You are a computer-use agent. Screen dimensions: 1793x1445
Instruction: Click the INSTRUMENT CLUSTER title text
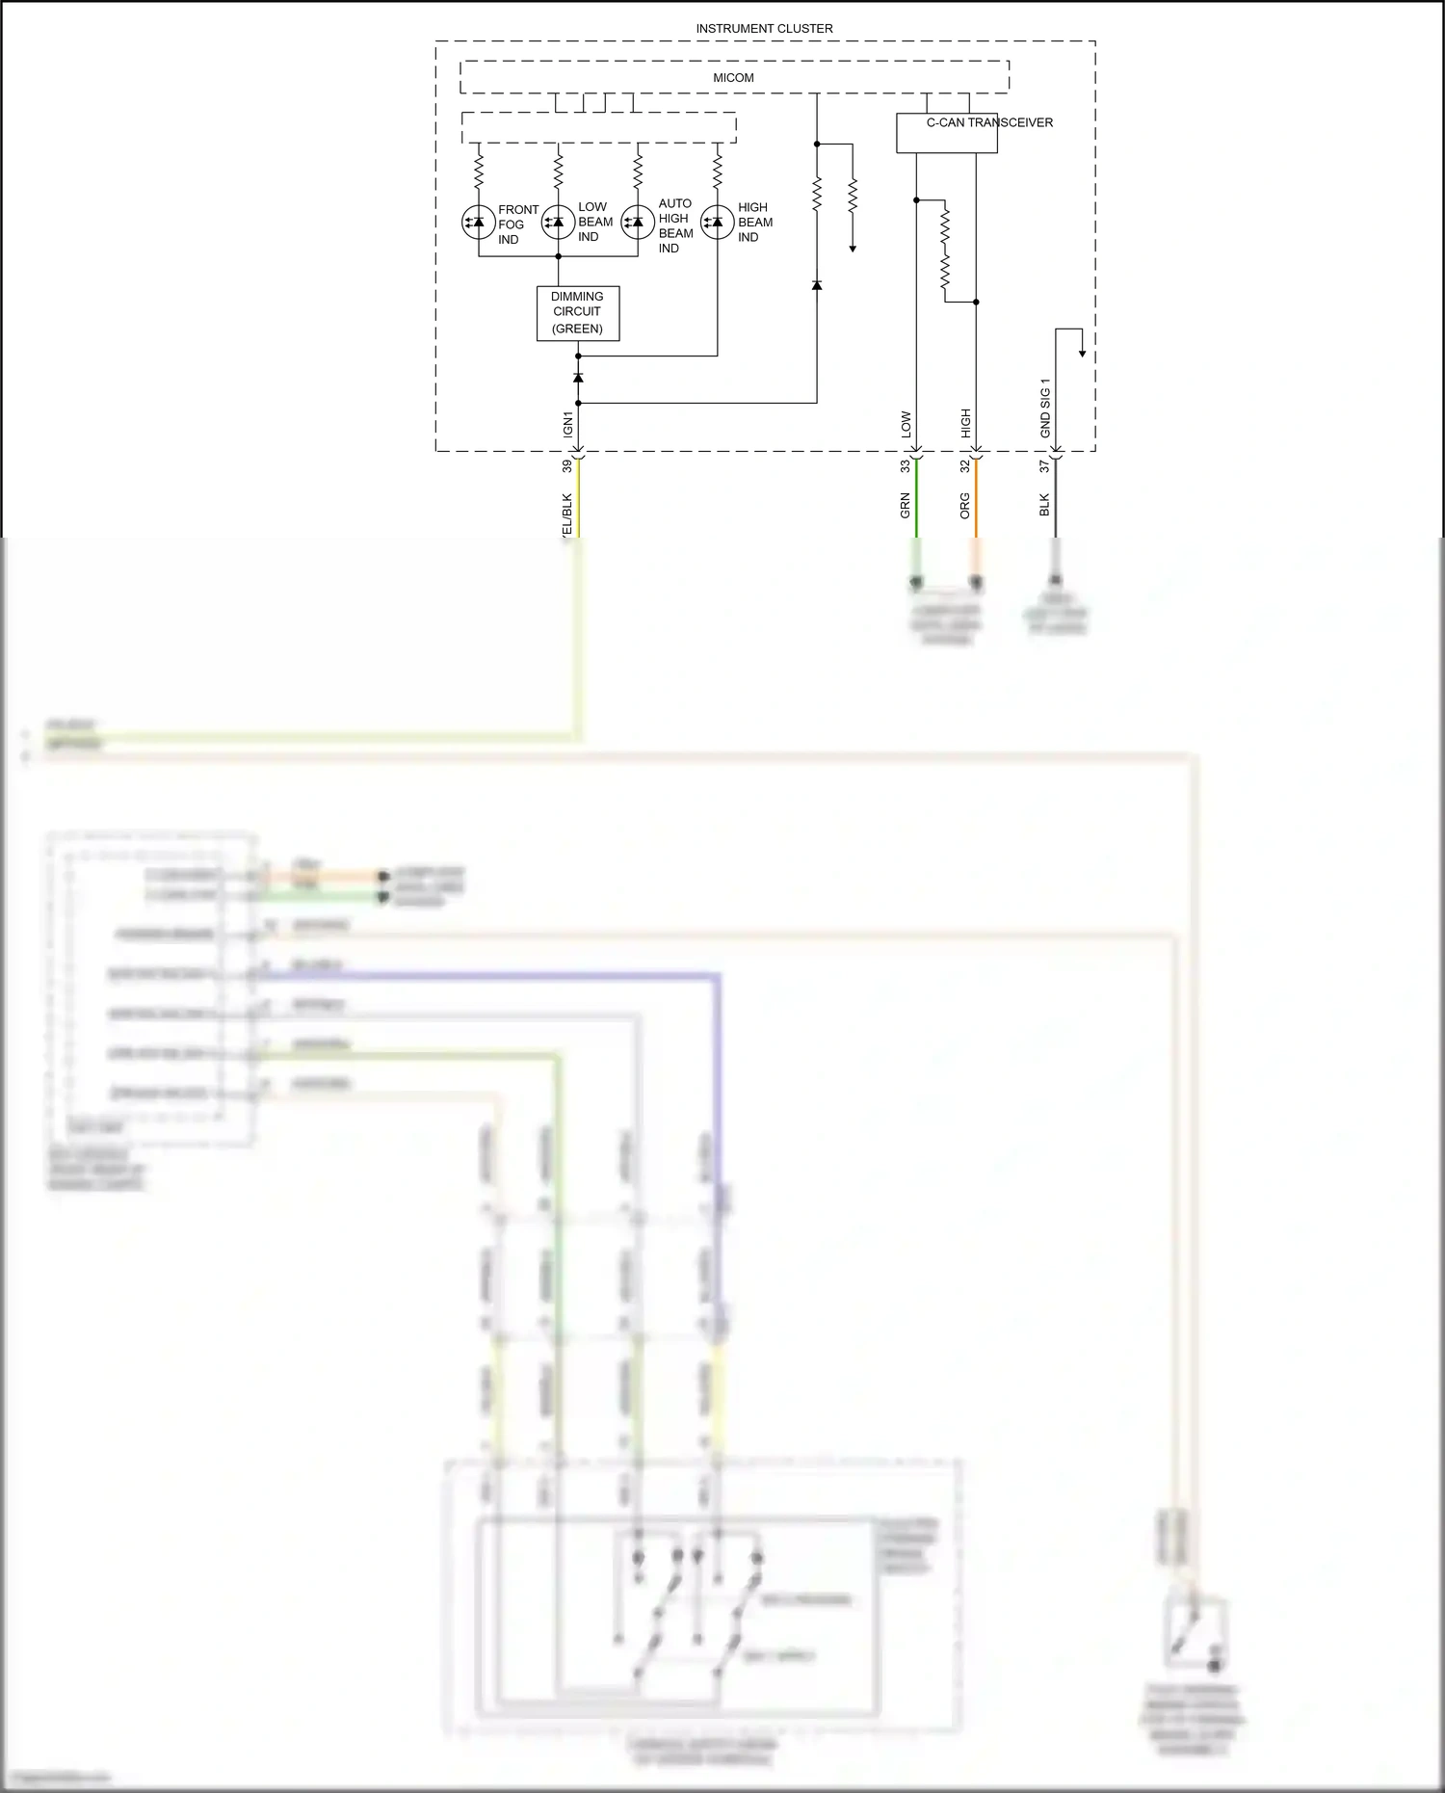coord(764,29)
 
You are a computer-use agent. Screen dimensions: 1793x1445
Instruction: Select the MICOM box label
coord(733,78)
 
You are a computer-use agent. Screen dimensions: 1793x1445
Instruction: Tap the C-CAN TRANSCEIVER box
coord(946,133)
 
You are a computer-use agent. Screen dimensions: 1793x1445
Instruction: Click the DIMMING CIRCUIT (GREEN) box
coord(577,313)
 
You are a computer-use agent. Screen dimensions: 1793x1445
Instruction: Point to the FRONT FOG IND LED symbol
coord(478,223)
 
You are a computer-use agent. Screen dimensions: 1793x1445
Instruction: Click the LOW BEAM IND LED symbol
coord(558,223)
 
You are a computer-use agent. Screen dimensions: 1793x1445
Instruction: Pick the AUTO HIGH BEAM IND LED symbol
coord(638,223)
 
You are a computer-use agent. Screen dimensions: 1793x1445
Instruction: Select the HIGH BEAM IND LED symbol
coord(717,223)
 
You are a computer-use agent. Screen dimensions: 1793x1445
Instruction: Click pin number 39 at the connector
coord(566,465)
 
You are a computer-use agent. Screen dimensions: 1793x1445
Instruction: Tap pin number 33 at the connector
coord(905,465)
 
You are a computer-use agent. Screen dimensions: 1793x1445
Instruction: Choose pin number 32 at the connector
coord(964,465)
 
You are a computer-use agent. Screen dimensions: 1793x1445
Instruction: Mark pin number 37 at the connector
coord(1044,465)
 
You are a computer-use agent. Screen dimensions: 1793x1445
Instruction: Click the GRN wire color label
coord(905,506)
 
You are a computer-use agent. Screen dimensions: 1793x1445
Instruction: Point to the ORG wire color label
coord(964,506)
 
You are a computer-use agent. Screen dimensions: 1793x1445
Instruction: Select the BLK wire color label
coord(1044,505)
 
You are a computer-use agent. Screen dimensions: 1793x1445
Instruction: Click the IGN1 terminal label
coord(567,424)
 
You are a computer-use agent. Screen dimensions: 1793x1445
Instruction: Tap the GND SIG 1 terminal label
coord(1045,408)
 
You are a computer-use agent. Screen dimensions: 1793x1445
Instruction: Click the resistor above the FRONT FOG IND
coord(478,172)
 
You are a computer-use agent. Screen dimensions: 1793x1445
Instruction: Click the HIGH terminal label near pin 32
coord(965,423)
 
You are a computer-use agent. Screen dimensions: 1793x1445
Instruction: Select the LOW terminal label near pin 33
coord(906,425)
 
